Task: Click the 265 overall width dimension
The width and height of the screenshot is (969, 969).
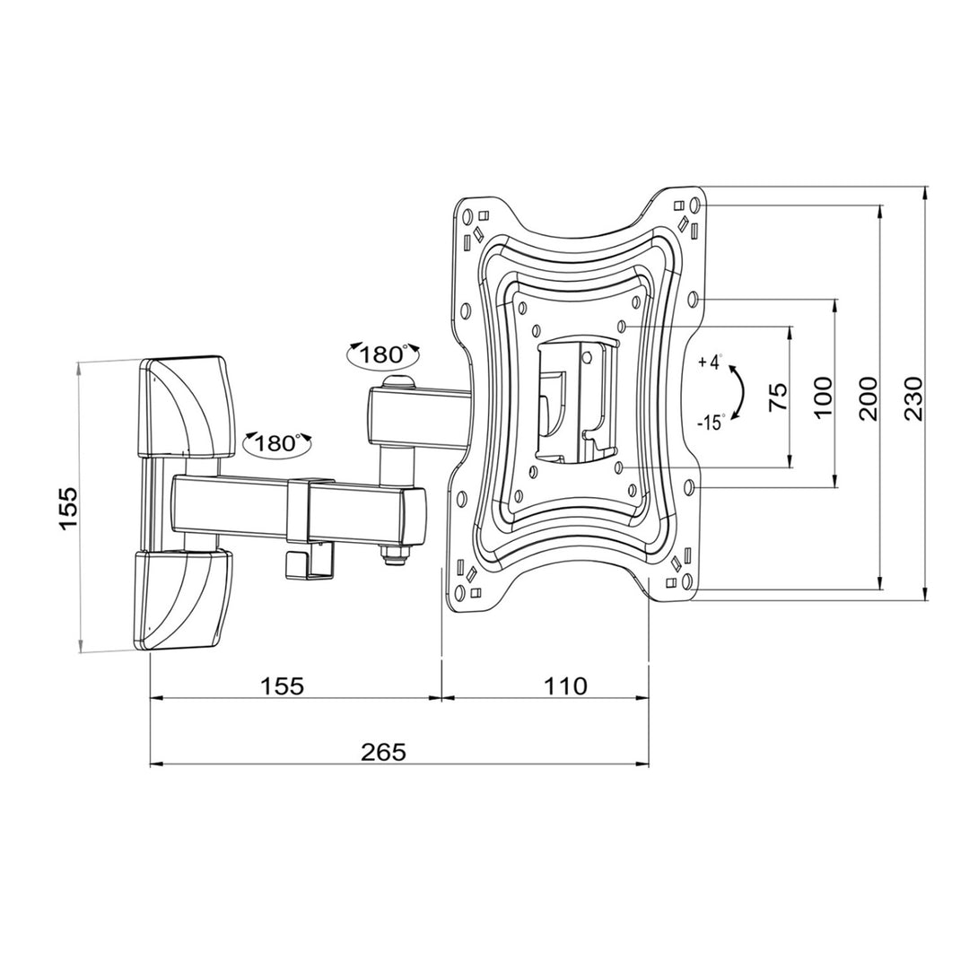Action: [384, 751]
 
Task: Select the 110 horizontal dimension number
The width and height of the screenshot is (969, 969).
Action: [565, 686]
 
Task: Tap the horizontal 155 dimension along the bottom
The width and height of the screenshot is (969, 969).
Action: [284, 686]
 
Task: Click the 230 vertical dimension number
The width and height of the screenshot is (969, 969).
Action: [913, 398]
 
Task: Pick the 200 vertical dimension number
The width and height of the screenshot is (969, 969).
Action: [868, 398]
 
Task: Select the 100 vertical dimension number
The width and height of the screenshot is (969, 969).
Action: [824, 397]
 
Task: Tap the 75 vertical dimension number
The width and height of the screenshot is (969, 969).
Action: [778, 397]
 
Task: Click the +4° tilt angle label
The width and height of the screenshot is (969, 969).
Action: [710, 362]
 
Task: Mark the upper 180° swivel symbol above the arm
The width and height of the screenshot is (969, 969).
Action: [384, 354]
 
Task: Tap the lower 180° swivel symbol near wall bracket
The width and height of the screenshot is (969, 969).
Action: [277, 442]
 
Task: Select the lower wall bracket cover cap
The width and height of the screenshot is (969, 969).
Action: [186, 598]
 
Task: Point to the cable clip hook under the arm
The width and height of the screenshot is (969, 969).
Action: [295, 562]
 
